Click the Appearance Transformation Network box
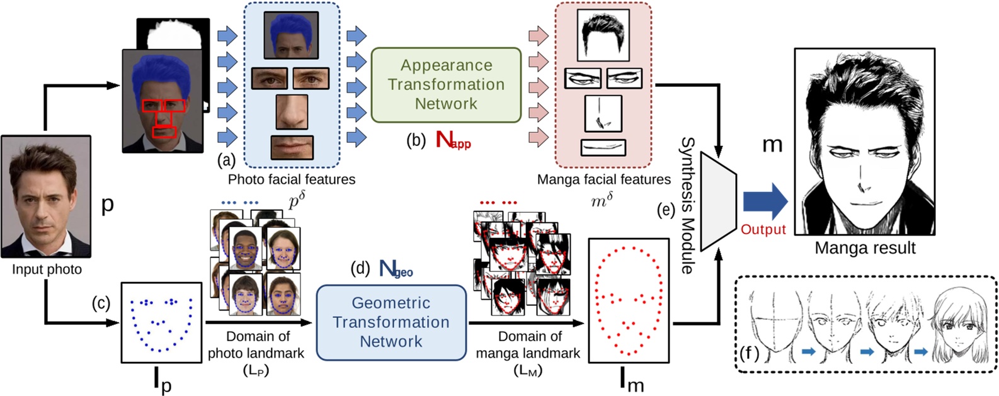[446, 84]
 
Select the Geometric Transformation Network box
[391, 322]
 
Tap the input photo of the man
[45, 196]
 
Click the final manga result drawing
[864, 142]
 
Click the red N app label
[452, 140]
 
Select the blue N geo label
[396, 269]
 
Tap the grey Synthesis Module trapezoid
[718, 201]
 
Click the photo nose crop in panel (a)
[292, 112]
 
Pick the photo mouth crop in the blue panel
[292, 147]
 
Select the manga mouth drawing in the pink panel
[603, 147]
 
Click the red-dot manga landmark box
[628, 300]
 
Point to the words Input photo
[47, 269]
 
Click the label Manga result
[865, 248]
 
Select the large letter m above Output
[772, 145]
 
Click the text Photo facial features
[291, 179]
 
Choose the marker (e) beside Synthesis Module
[666, 210]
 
